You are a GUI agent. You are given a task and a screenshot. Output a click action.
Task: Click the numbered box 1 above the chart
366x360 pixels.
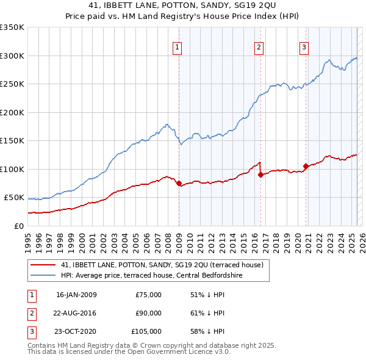[x=177, y=47]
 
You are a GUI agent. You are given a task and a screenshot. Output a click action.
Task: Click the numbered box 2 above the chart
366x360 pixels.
[x=259, y=47]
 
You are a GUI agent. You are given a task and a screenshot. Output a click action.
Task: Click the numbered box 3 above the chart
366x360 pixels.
[x=304, y=47]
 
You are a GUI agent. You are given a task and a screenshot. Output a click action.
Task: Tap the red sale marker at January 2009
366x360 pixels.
[x=179, y=183]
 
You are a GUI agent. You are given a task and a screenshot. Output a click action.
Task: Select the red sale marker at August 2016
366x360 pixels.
[x=260, y=175]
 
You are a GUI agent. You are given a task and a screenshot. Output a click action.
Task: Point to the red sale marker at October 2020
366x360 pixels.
[x=306, y=166]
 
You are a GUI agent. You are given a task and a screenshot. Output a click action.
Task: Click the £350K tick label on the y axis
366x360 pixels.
[x=12, y=27]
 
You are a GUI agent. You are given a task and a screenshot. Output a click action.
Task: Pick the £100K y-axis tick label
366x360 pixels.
[x=12, y=169]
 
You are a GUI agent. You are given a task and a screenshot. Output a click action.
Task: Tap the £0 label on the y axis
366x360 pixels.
[x=18, y=226]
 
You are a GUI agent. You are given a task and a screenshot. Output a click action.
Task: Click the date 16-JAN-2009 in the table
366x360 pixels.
[x=76, y=295]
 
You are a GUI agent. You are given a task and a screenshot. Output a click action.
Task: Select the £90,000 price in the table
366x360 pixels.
[x=148, y=313]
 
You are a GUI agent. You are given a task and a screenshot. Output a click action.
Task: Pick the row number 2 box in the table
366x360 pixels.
[x=30, y=313]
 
